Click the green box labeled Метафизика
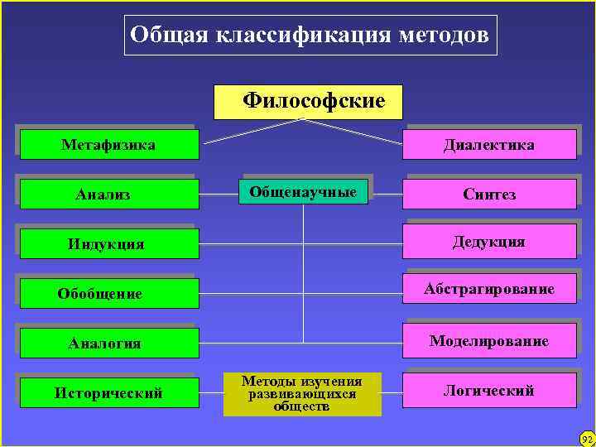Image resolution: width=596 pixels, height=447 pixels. (108, 145)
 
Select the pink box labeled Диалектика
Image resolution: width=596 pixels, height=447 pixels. (489, 145)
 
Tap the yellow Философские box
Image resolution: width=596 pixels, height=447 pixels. (308, 102)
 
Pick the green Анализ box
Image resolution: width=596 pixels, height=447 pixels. (108, 195)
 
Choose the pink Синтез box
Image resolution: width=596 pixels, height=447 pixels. (489, 195)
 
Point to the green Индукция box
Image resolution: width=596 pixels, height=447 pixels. (108, 244)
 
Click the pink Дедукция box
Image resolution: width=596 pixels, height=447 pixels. (489, 242)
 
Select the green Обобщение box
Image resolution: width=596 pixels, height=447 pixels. (108, 294)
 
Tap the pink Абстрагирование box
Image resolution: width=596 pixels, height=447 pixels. (489, 289)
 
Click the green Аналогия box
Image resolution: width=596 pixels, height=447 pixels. (108, 343)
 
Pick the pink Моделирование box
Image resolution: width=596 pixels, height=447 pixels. (489, 340)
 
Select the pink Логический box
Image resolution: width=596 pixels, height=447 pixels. (489, 390)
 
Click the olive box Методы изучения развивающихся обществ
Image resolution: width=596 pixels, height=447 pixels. (302, 394)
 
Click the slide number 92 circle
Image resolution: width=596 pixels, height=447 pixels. (587, 438)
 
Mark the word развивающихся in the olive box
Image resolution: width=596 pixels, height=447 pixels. (302, 394)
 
